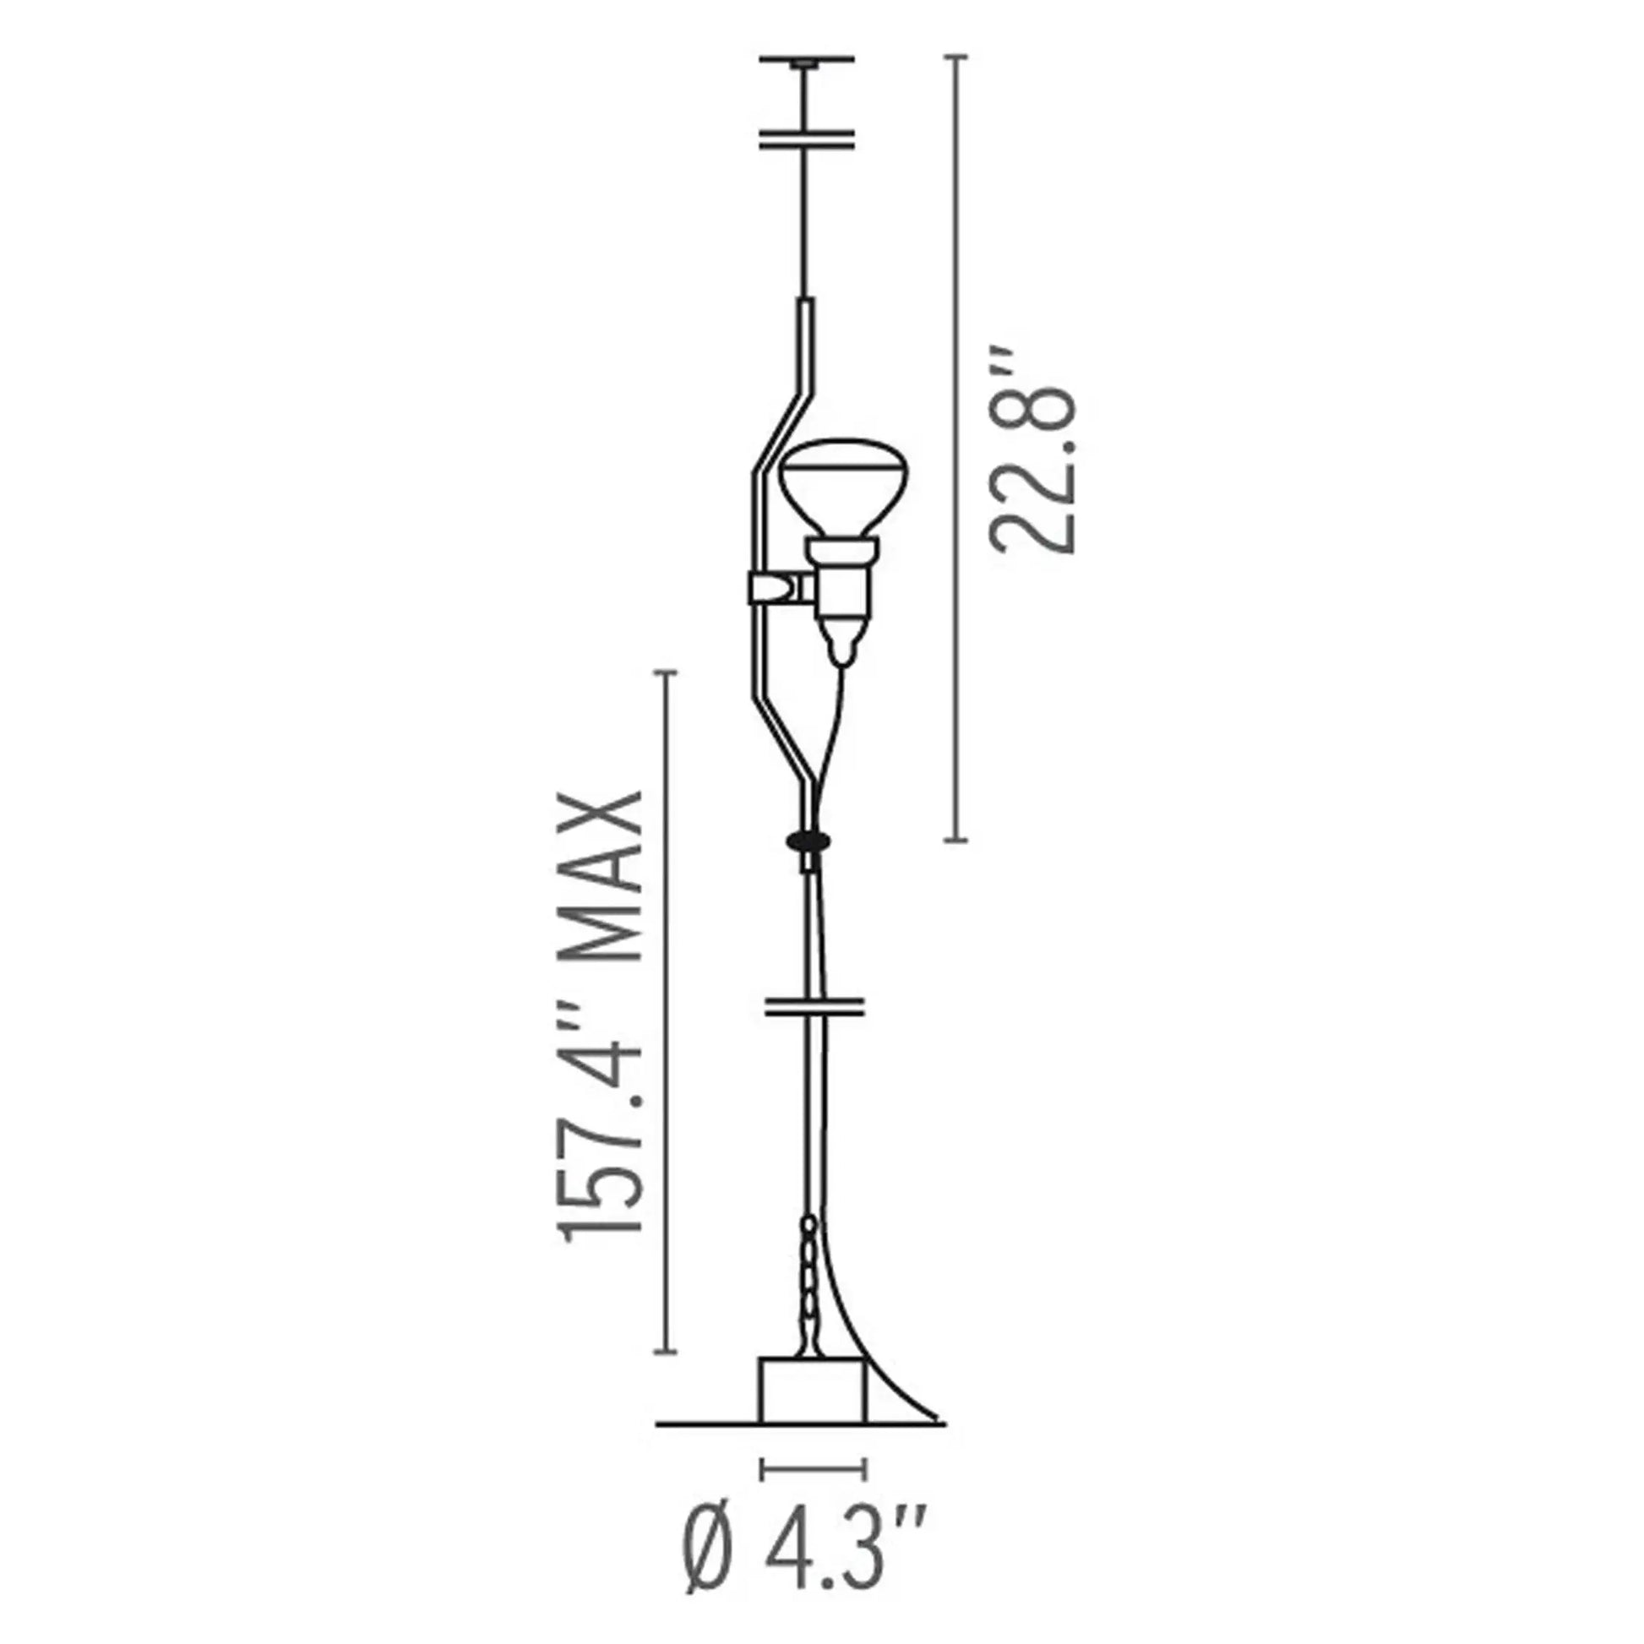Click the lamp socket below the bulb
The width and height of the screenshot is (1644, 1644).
click(842, 579)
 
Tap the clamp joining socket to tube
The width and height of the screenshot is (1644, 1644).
click(776, 588)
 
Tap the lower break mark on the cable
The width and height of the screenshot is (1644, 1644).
click(814, 1007)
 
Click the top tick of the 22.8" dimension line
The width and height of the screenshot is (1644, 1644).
click(956, 57)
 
